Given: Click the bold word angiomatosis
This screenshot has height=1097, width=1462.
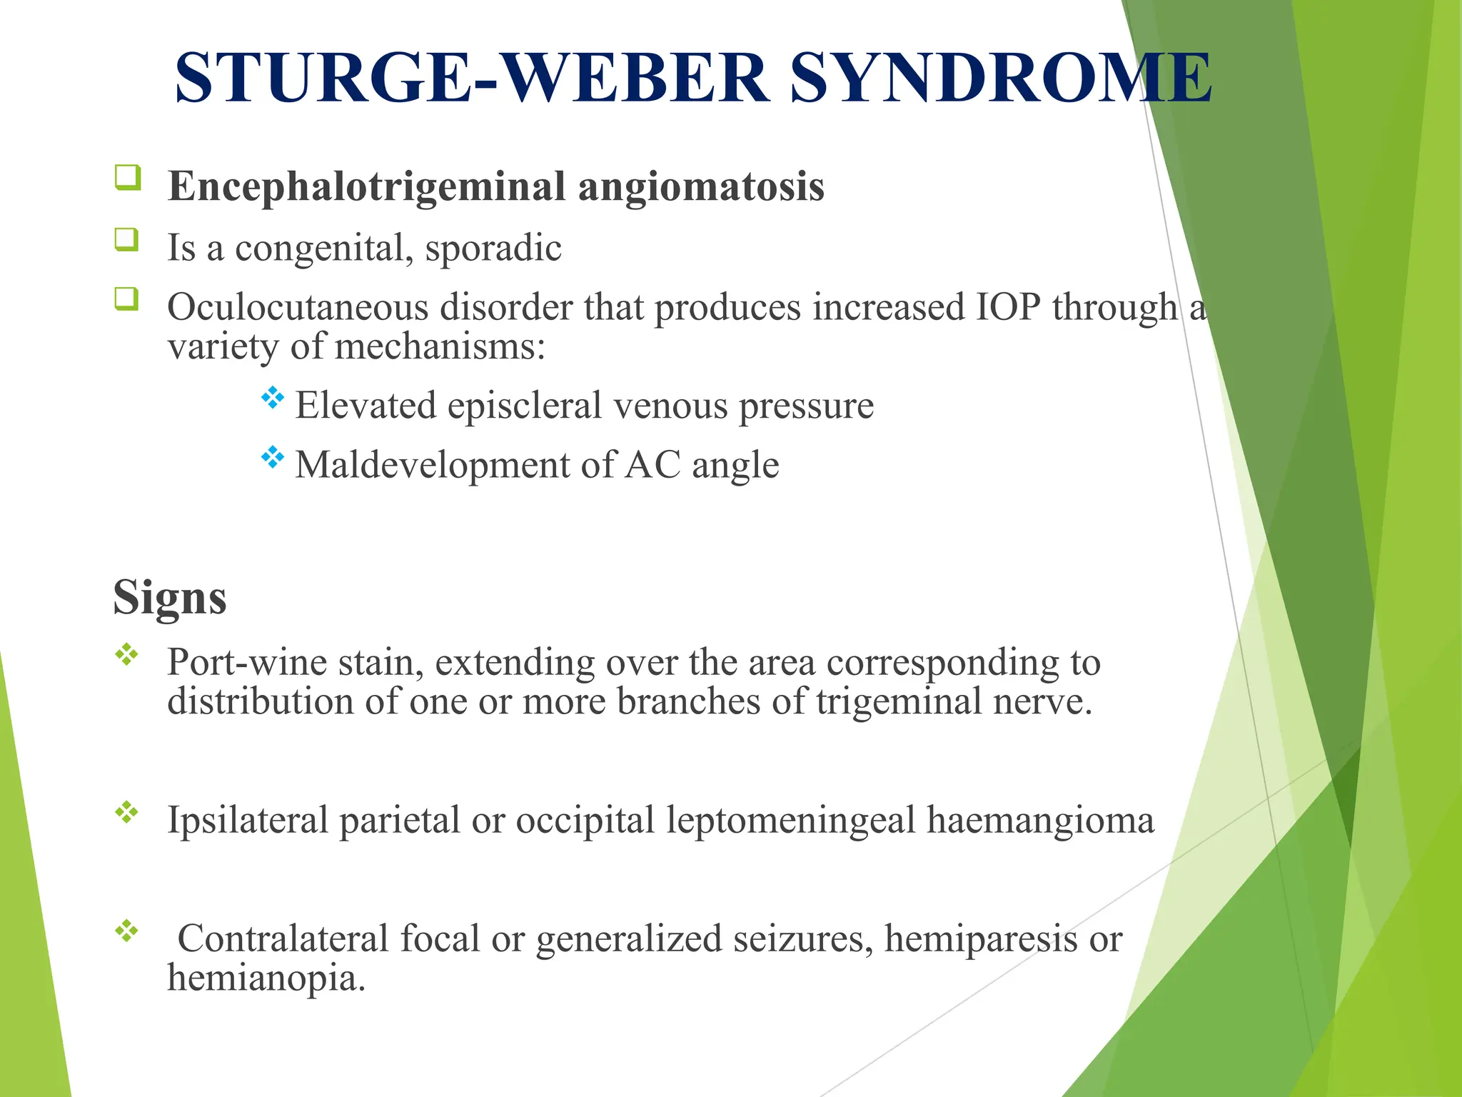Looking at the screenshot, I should (700, 187).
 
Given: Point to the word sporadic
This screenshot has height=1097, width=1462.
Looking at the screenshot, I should (493, 248).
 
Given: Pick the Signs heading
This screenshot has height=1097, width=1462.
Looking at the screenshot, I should (170, 597).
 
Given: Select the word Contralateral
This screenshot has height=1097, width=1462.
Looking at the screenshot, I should (283, 938).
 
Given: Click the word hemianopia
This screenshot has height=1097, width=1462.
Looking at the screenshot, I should (266, 978).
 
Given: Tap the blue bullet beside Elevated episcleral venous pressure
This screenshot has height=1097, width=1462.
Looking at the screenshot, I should (272, 398).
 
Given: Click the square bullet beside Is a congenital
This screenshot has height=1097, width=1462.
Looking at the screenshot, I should (127, 239).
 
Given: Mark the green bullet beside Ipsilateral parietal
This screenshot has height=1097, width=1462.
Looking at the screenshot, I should (127, 812).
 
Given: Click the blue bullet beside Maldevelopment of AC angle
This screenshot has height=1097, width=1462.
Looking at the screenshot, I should (272, 457).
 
